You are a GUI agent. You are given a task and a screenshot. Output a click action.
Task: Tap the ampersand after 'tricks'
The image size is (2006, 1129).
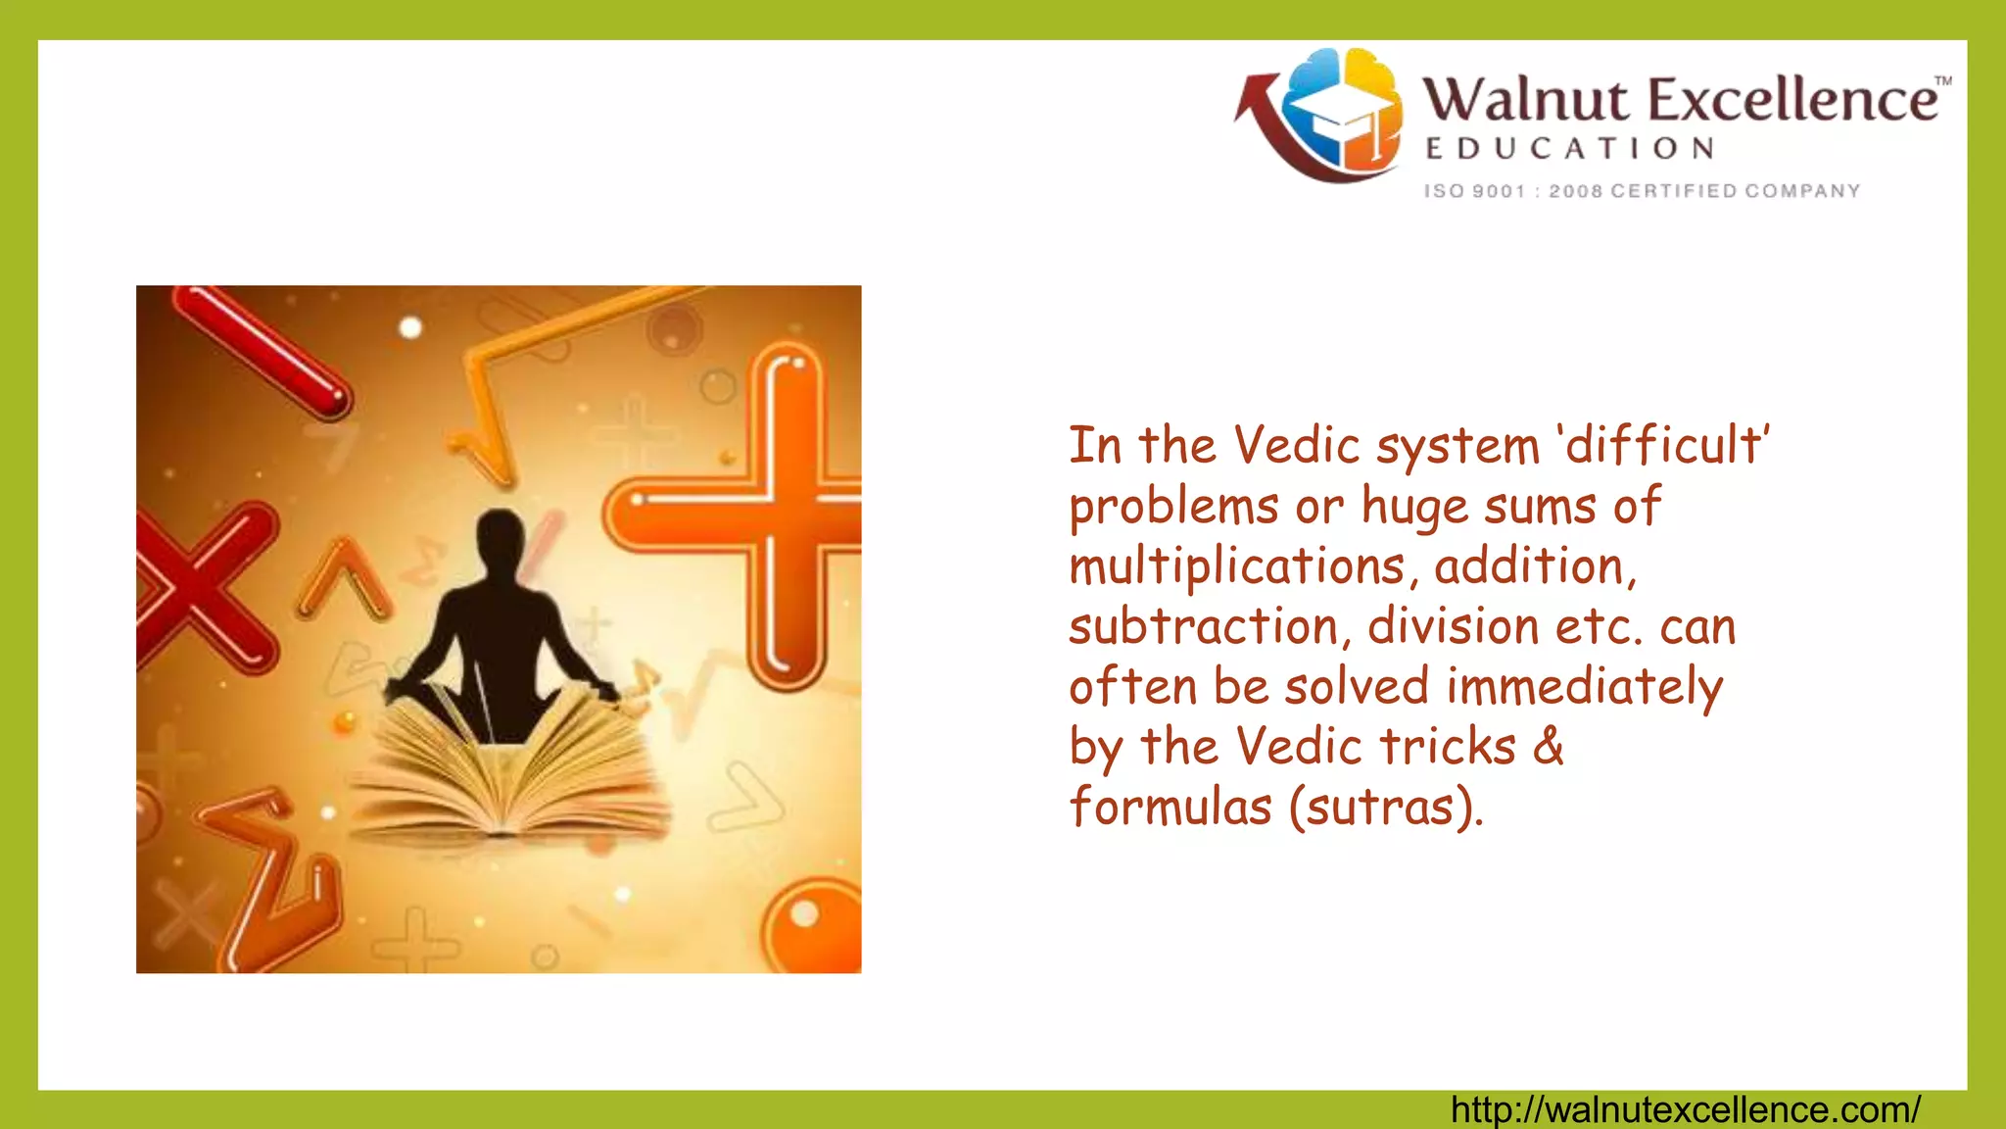tap(1548, 747)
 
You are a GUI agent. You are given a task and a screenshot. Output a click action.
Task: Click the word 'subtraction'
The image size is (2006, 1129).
tap(1203, 627)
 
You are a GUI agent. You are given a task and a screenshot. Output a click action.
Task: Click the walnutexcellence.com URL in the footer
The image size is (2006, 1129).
tap(1685, 1110)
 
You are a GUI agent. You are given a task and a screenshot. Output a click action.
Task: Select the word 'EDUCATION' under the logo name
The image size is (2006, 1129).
tap(1570, 149)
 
